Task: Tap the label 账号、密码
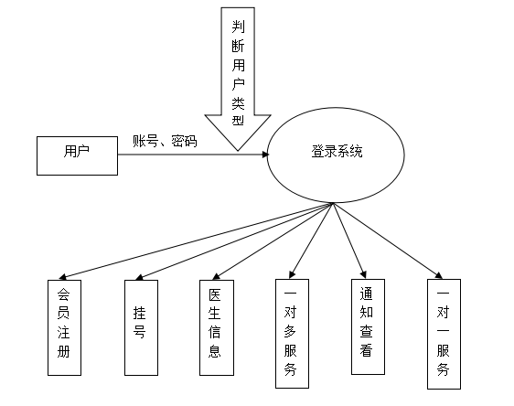tap(165, 141)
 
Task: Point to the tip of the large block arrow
tap(238, 151)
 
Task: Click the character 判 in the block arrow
tap(238, 27)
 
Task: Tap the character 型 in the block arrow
tap(238, 119)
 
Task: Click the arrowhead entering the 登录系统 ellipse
tap(265, 155)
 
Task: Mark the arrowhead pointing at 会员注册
tap(62, 277)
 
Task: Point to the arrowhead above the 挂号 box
tap(139, 278)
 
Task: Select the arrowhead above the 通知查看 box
tap(363, 274)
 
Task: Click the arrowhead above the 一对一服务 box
tap(439, 275)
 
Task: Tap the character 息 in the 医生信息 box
tap(215, 351)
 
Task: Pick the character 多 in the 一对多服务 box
tap(290, 332)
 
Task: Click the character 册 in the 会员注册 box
tap(64, 352)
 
